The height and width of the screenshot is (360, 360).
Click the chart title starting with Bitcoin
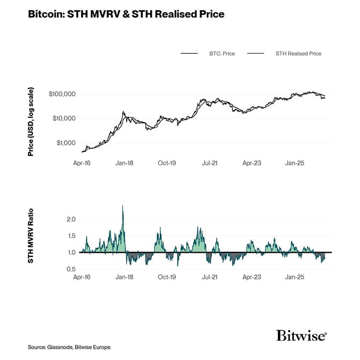126,15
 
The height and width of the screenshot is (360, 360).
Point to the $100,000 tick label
62,94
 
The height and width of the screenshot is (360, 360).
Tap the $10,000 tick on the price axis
63,118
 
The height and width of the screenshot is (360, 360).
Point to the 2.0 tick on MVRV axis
71,219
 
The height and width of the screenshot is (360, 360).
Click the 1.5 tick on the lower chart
71,236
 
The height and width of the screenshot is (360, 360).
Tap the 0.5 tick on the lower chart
71,269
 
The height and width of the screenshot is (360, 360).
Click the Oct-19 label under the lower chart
167,278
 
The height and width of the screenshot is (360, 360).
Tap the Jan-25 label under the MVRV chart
294,278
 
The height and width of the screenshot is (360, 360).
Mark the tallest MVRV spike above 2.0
123,206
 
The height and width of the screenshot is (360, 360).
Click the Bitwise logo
301,336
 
